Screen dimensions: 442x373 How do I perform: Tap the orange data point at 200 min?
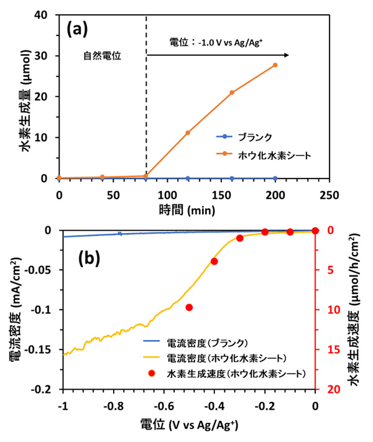coord(275,65)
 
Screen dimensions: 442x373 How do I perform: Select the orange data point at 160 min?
coord(232,93)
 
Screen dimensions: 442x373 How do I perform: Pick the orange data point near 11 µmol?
coord(188,132)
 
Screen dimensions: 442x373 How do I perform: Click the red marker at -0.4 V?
coord(214,261)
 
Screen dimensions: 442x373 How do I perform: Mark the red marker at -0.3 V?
coord(239,238)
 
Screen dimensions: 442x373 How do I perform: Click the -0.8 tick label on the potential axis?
coord(113,407)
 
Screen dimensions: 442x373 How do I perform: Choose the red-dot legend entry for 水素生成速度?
coord(236,374)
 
